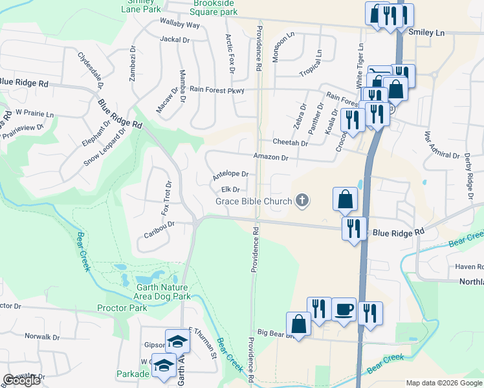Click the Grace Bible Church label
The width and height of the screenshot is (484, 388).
[x=254, y=201]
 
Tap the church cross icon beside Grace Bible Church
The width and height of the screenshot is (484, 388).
[x=301, y=201]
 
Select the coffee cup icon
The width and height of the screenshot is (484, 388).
[x=344, y=308]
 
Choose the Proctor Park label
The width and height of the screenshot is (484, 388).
[x=122, y=308]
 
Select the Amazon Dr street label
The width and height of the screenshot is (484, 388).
[x=270, y=157]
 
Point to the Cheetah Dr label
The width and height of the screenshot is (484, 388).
[x=290, y=142]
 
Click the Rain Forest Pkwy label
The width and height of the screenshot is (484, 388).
[x=217, y=91]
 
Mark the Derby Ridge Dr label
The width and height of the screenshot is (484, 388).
[x=469, y=173]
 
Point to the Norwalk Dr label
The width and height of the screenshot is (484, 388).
[x=42, y=337]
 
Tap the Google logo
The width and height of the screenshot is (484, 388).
[x=21, y=380]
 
